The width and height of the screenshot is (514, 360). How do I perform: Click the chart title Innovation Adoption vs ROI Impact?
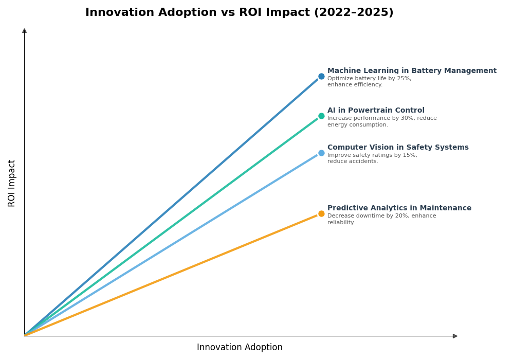[x=239, y=13]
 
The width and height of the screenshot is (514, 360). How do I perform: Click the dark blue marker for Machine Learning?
[x=321, y=77]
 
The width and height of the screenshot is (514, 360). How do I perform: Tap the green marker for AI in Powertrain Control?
[x=321, y=116]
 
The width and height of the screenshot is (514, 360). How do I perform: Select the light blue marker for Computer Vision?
[x=321, y=153]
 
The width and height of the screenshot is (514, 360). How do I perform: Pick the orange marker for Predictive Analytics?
[x=321, y=214]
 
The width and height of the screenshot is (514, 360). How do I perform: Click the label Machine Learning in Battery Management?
[x=412, y=71]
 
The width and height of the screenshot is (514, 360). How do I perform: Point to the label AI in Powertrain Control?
[x=376, y=111]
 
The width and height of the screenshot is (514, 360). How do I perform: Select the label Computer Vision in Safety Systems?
[x=398, y=148]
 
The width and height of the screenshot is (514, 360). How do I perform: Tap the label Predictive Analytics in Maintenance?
[x=399, y=208]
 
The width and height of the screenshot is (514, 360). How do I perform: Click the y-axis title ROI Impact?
[x=12, y=183]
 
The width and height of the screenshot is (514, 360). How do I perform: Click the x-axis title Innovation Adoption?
[x=240, y=348]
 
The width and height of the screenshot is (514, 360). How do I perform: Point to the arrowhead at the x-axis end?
[x=455, y=336]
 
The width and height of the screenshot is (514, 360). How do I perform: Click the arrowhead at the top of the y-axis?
[x=24, y=31]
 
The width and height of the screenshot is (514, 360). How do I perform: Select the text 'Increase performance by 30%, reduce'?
[x=382, y=118]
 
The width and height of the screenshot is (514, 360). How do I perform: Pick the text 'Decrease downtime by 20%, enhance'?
[x=381, y=216]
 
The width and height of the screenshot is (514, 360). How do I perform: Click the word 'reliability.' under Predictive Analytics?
[x=341, y=223]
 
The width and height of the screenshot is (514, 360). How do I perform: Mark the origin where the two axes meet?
[x=24, y=336]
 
